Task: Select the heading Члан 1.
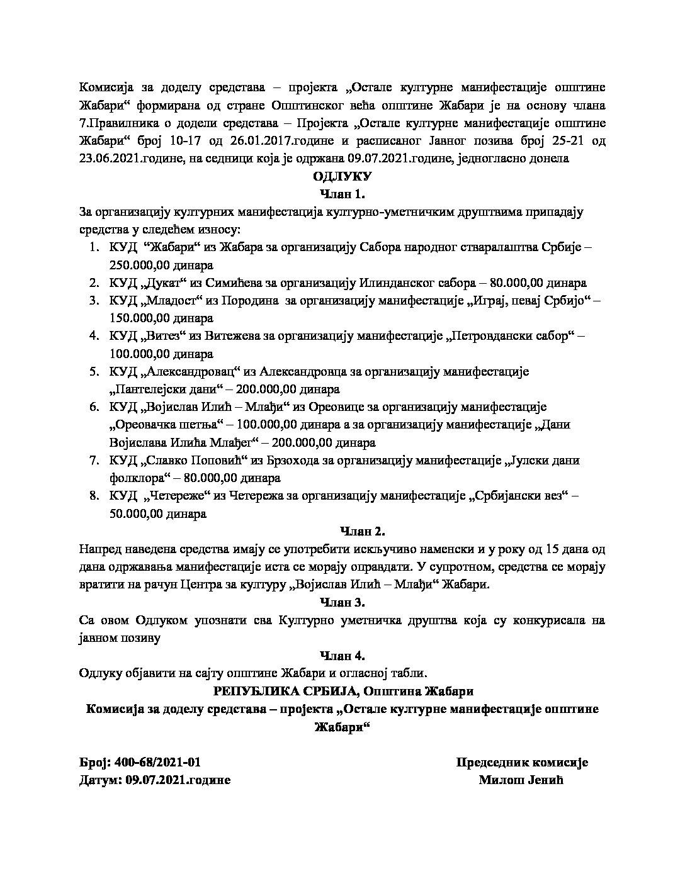pos(342,194)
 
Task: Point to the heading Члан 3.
pos(342,603)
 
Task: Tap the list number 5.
pos(93,372)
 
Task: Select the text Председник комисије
pos(521,763)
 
